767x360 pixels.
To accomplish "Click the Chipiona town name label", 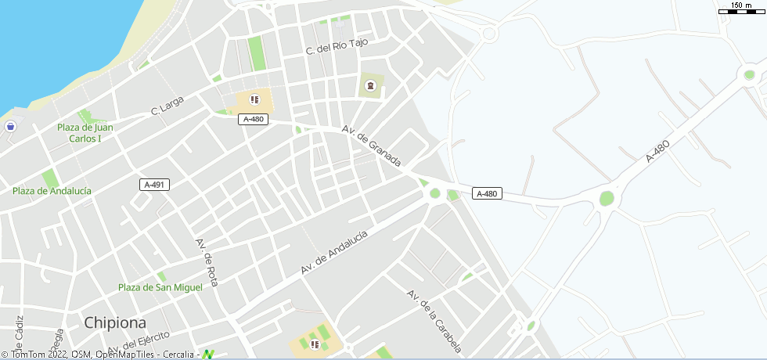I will coord(116,322).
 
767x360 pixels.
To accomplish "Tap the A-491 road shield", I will coord(155,185).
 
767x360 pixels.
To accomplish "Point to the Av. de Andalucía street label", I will coord(334,251).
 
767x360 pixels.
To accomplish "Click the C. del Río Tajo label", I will coord(337,48).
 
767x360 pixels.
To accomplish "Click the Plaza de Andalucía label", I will coord(52,191).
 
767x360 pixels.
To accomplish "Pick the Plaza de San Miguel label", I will coord(160,287).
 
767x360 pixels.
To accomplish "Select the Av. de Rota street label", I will coord(207,261).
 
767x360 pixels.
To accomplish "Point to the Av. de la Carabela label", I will coord(434,321).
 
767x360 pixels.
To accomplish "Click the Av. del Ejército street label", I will coord(139,342).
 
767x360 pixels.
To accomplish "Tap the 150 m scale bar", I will coord(741,9).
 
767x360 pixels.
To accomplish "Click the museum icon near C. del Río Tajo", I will coord(370,85).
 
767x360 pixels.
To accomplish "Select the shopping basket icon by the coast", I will coord(11,126).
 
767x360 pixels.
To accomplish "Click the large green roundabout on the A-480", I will coord(607,198).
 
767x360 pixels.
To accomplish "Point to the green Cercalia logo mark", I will coord(207,355).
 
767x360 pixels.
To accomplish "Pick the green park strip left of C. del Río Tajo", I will coord(256,52).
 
